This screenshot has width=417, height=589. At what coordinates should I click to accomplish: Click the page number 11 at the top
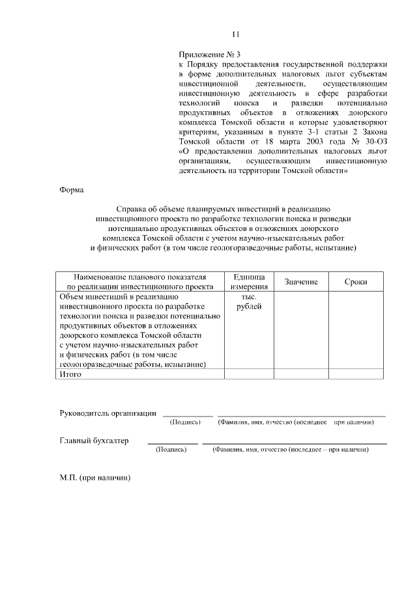(236, 34)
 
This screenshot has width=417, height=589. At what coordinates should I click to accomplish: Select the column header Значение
(300, 281)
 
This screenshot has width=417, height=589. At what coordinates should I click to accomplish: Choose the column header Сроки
(356, 281)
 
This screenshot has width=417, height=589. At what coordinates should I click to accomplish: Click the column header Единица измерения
(249, 281)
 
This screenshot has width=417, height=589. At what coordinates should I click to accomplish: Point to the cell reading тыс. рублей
(249, 301)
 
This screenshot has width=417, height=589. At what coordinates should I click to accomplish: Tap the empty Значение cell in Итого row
(300, 374)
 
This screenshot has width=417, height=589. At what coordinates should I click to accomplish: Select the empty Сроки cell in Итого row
(356, 374)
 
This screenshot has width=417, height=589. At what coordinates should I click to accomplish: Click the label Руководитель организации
(108, 413)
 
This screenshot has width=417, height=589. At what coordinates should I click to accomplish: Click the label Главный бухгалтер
(94, 441)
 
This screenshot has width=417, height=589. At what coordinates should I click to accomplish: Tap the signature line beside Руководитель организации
(188, 415)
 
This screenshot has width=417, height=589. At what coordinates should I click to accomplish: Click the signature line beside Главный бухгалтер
(173, 443)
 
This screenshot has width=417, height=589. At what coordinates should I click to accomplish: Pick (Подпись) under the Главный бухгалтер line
(171, 450)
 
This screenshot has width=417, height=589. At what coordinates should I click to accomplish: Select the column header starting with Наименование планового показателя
(139, 281)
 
